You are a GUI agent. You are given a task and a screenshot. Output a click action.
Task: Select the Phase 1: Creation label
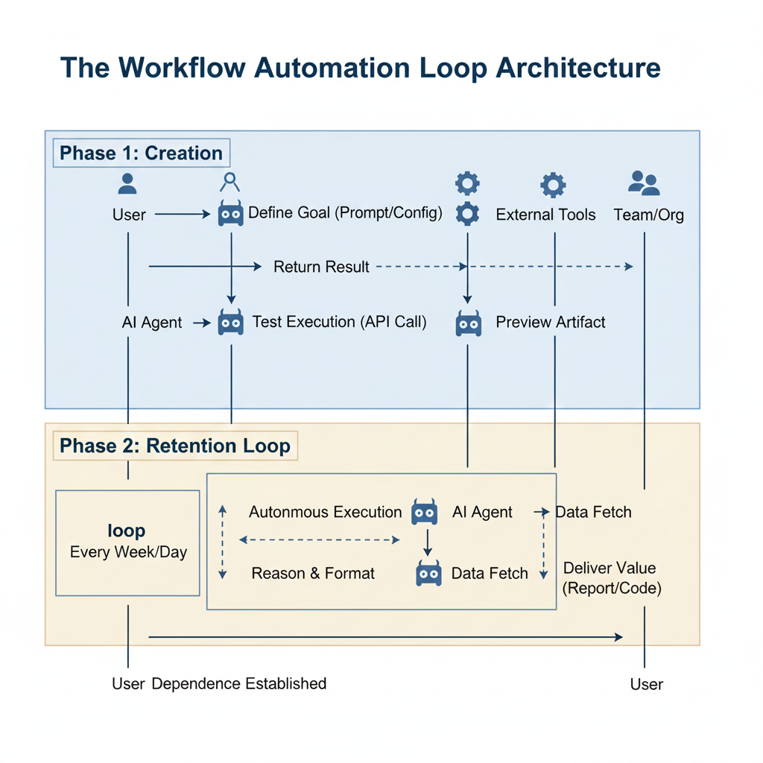click(141, 153)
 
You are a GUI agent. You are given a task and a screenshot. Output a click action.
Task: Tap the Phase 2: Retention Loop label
click(174, 446)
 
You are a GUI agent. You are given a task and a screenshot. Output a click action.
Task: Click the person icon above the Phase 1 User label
click(128, 183)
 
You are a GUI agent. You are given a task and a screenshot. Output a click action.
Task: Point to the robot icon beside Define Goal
click(231, 214)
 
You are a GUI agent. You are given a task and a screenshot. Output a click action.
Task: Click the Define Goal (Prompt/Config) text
click(345, 213)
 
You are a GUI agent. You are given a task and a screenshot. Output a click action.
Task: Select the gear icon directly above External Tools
click(553, 184)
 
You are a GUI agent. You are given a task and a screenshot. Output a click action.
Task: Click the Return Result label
click(321, 267)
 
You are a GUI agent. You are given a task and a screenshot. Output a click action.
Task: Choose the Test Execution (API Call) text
click(339, 322)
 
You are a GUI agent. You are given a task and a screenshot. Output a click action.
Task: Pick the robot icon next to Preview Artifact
click(468, 323)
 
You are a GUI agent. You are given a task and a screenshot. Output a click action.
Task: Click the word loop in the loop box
click(127, 531)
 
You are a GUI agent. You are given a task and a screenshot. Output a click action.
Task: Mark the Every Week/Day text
click(128, 552)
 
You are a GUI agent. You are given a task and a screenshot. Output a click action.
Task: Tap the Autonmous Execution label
click(325, 512)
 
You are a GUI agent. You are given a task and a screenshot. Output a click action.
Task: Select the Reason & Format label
click(313, 573)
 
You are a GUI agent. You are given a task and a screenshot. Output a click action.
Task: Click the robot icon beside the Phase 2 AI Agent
click(425, 512)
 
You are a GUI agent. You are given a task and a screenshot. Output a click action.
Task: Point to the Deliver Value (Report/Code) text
click(611, 578)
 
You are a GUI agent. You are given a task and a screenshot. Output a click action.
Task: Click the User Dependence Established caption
click(219, 683)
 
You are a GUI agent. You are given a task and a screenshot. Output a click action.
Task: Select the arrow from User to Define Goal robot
click(183, 215)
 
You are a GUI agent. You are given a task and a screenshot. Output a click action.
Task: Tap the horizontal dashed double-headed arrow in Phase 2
click(320, 540)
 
